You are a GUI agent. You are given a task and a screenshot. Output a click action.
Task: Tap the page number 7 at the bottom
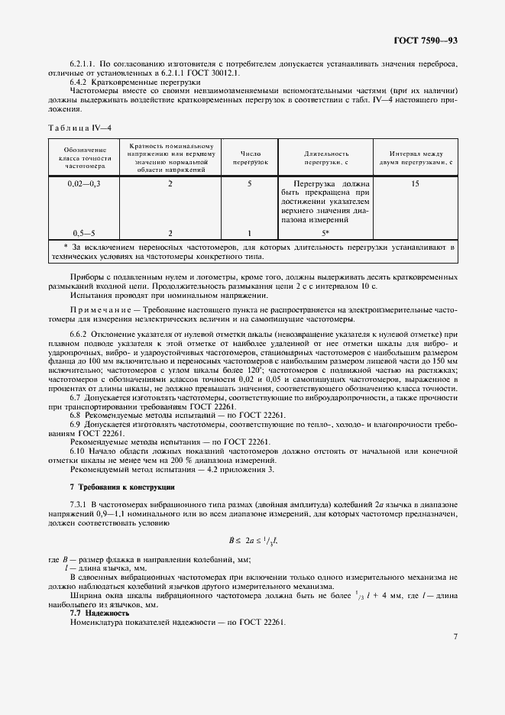pos(455,636)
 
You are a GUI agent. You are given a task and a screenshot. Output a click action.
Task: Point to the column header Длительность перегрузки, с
pos(325,157)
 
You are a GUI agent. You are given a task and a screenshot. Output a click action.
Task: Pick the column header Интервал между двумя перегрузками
pos(415,157)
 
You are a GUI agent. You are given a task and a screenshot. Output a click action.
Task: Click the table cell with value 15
pos(415,184)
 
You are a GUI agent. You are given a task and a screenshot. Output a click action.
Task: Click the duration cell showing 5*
pos(325,232)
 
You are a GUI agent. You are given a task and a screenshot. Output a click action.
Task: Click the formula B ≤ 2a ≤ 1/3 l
pos(252,541)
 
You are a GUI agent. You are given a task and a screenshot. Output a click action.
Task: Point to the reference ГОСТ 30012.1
pos(219,73)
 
